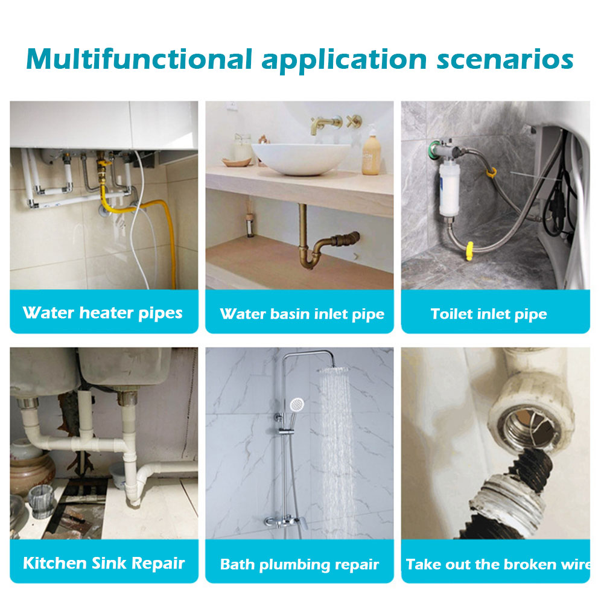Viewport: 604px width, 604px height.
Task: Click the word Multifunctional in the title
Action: tap(139, 60)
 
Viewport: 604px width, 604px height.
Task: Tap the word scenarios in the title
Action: tap(505, 60)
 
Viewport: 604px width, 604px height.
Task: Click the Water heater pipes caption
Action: tap(103, 313)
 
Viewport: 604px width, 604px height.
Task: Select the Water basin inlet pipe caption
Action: tap(302, 314)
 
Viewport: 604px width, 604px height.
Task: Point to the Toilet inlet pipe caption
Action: tap(489, 314)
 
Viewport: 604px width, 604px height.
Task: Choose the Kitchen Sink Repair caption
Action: tap(104, 563)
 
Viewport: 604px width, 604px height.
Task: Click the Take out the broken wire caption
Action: tap(498, 564)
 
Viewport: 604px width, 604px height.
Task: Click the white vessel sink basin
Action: tap(301, 158)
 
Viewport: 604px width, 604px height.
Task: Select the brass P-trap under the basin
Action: tap(323, 243)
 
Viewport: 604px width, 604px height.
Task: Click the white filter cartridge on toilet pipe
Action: tap(449, 191)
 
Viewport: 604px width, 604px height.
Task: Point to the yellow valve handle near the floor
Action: tap(469, 252)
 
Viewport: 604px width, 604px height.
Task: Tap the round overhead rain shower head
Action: tap(333, 369)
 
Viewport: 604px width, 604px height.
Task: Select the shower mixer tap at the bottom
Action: tap(284, 521)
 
